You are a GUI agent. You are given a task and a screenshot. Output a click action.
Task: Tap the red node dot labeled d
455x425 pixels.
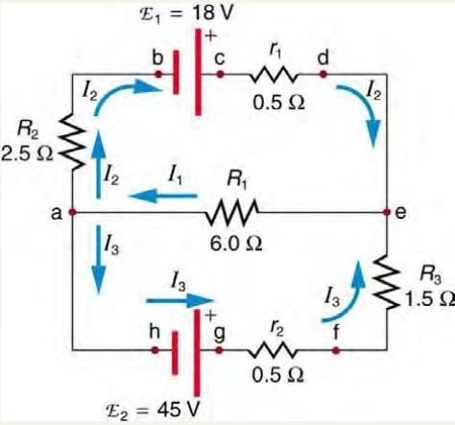[x=323, y=73]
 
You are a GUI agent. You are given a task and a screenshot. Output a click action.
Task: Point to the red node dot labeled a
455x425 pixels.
[x=73, y=212]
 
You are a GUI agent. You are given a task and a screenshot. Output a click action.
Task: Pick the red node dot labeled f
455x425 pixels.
[x=337, y=351]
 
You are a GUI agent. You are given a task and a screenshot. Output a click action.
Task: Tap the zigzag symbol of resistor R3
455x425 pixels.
[x=386, y=278]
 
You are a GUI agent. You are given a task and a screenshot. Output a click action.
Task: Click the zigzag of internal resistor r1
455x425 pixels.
[x=272, y=73]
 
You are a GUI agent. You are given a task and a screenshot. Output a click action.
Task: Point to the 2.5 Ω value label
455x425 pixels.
[x=26, y=156]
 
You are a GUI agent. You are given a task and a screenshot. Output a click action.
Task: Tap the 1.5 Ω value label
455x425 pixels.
[x=430, y=297]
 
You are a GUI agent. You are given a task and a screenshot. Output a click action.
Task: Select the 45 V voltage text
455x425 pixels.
[x=178, y=411]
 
